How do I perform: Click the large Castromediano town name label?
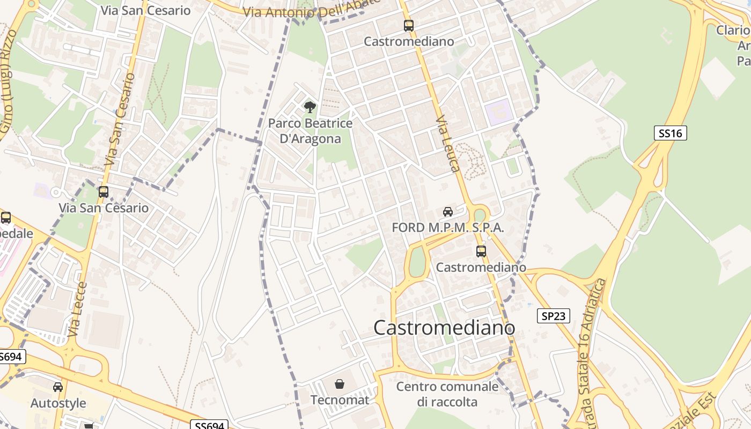click(444, 328)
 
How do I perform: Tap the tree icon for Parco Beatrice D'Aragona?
click(310, 107)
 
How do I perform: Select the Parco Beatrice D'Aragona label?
click(311, 131)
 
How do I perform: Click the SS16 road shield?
click(671, 133)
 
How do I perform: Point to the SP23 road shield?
click(554, 316)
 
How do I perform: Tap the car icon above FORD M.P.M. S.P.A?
click(448, 212)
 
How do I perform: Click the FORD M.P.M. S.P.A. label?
click(448, 227)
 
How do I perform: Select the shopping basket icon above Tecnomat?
click(340, 384)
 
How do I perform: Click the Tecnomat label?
click(340, 400)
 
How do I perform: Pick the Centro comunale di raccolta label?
click(447, 394)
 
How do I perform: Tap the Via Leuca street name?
click(448, 144)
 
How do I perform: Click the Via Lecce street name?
click(78, 309)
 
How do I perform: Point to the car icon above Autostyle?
click(58, 387)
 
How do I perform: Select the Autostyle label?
click(58, 403)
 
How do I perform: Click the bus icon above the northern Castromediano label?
click(409, 25)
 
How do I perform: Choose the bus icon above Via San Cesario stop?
click(104, 191)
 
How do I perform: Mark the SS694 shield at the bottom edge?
click(209, 425)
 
